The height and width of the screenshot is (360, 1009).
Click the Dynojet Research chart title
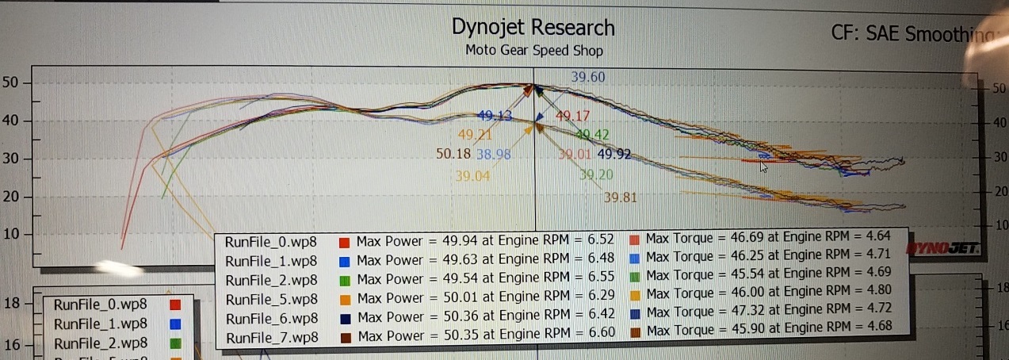click(533, 28)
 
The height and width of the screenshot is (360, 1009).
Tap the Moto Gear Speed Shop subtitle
click(534, 51)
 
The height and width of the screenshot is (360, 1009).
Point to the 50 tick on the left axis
click(13, 83)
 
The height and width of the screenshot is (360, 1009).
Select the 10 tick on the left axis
click(13, 235)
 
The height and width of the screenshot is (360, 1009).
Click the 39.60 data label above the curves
click(588, 77)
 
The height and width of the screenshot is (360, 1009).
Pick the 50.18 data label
click(453, 154)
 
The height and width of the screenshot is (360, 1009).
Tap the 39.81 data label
click(620, 197)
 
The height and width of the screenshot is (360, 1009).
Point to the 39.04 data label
click(472, 176)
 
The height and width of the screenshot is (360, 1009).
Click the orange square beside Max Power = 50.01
click(345, 299)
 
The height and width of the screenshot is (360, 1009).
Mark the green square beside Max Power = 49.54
click(345, 280)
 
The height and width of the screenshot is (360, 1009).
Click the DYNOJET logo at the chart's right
click(948, 248)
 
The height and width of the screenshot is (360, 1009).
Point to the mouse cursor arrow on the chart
click(763, 167)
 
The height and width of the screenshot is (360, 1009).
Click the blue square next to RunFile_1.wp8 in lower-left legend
click(176, 324)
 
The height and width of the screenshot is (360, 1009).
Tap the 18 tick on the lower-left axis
click(13, 303)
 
